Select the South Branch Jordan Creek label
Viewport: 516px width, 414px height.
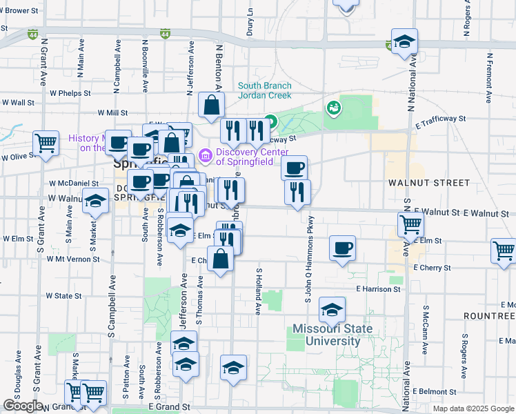tap(264, 91)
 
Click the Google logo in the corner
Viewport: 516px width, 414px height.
tap(23, 405)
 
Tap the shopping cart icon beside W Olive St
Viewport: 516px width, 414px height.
tap(46, 143)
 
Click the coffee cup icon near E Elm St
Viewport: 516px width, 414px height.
tap(341, 248)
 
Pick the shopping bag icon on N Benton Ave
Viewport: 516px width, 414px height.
tap(211, 105)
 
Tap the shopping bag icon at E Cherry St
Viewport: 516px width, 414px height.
tap(220, 259)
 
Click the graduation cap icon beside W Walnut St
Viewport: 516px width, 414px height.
tap(95, 201)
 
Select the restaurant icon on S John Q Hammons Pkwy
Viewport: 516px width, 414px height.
tap(297, 193)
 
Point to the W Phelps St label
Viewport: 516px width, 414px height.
tap(68, 92)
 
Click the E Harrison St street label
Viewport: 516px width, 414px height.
tap(378, 289)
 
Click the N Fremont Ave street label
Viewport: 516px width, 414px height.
tap(489, 78)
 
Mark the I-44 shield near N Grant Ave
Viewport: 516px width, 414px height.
tap(33, 33)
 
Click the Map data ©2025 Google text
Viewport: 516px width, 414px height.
tap(473, 408)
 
